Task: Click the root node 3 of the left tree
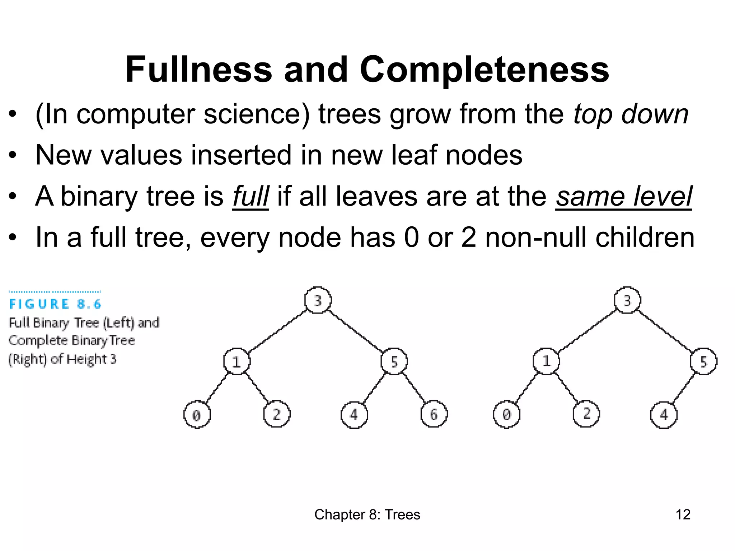tap(318, 300)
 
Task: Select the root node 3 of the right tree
tap(627, 300)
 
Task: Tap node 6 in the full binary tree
tap(434, 415)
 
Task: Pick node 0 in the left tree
tap(197, 415)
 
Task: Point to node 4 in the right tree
tap(664, 415)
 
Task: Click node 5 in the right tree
tap(703, 362)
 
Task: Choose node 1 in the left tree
tap(237, 362)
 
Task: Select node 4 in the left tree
tap(354, 415)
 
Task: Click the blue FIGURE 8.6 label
tap(56, 304)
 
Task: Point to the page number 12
tap(683, 515)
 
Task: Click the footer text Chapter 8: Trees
tap(367, 515)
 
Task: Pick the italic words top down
tap(631, 115)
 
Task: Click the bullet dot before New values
tap(13, 155)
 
